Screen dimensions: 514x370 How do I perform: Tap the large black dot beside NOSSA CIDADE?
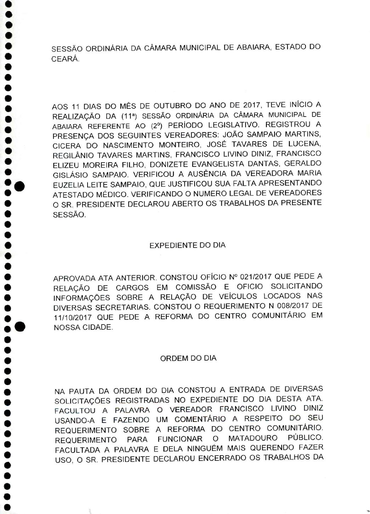coord(21,327)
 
